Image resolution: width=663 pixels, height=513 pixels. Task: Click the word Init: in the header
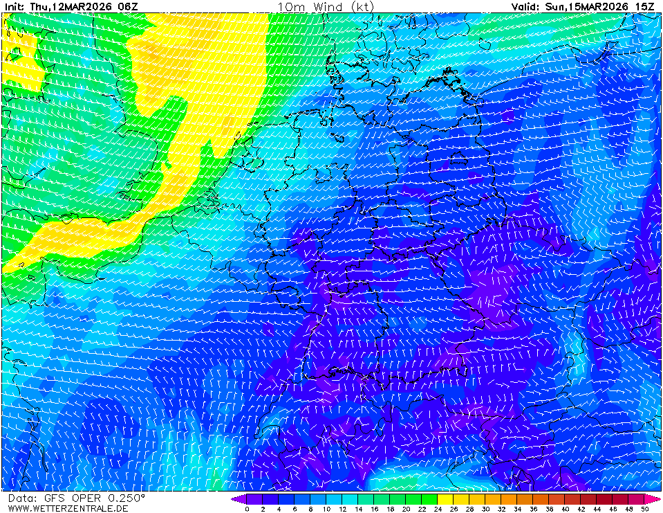click(x=15, y=7)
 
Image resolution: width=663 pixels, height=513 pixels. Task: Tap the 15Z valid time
click(x=645, y=7)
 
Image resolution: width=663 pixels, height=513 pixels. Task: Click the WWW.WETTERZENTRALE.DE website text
click(x=68, y=508)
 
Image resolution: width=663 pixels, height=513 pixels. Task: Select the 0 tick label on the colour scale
click(x=247, y=509)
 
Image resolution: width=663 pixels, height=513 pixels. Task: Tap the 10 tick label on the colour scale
click(x=326, y=509)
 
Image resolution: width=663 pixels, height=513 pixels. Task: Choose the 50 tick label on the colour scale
click(x=644, y=509)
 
